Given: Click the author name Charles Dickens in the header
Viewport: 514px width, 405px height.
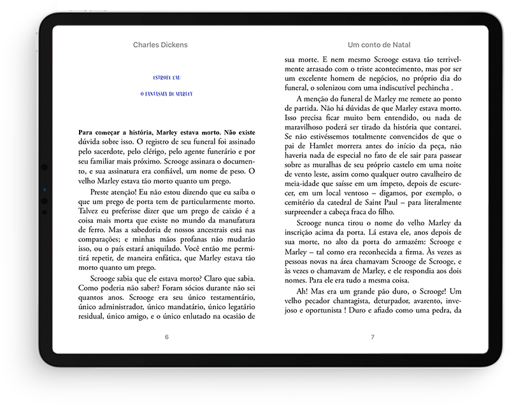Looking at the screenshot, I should tap(160, 45).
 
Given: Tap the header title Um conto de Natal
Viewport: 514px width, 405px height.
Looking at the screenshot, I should tap(379, 45).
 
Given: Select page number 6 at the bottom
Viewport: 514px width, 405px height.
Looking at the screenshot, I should tap(166, 337).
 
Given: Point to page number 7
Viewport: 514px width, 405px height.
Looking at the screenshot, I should tap(373, 337).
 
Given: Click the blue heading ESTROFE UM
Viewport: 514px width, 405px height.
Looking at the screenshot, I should tap(167, 78).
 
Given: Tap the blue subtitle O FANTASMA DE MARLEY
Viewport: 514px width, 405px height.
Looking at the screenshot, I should tap(166, 94).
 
